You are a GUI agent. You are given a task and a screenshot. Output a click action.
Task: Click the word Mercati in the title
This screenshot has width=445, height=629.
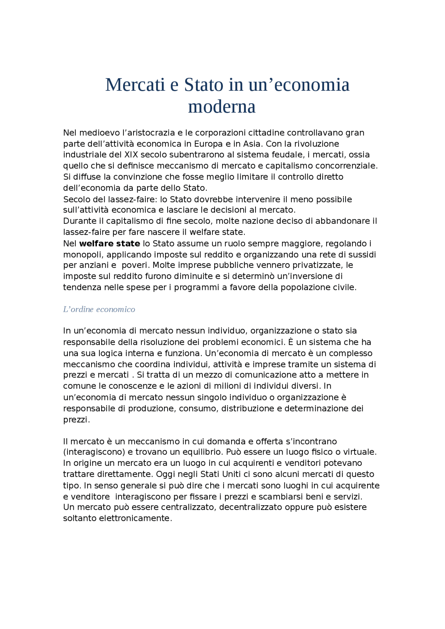point(135,85)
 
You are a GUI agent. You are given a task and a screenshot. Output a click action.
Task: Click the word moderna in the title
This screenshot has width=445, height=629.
point(222,107)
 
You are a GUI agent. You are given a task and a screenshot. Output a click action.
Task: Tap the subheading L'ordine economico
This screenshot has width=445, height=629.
point(99,309)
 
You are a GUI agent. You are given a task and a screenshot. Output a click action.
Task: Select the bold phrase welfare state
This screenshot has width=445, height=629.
point(110,243)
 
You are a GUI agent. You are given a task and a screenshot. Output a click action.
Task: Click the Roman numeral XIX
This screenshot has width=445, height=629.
point(131,155)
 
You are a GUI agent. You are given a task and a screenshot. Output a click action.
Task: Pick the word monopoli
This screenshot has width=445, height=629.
point(83,255)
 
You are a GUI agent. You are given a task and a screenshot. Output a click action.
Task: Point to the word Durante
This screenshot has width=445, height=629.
point(79,221)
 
